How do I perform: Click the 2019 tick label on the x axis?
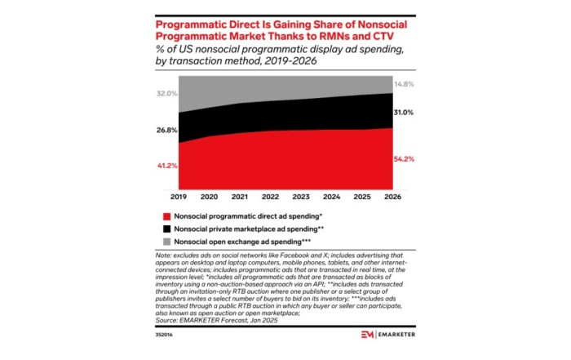coord(178,197)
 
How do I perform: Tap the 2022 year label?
coord(271,197)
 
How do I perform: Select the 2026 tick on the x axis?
coord(392,197)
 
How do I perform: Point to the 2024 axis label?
coord(331,197)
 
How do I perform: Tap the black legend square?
coord(166,229)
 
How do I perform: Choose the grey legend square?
coord(166,242)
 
